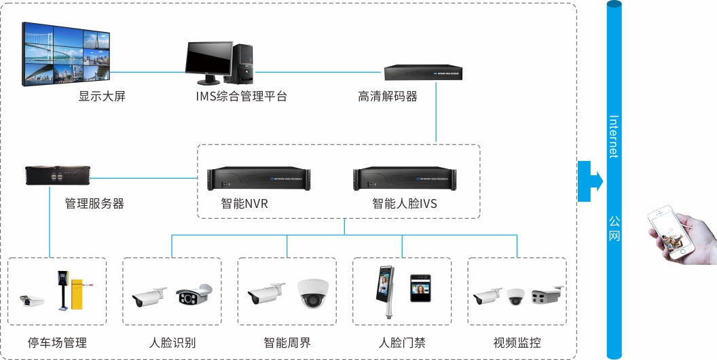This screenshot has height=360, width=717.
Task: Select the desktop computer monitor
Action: [x=208, y=60]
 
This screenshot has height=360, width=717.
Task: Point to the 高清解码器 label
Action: [x=387, y=96]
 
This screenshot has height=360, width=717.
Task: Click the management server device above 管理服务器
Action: [x=57, y=175]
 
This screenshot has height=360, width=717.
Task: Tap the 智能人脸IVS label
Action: [x=405, y=203]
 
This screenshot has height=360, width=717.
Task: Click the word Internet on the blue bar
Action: [x=614, y=137]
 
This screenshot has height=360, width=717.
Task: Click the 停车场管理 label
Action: [x=57, y=342]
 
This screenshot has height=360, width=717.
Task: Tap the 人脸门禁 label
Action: [x=402, y=342]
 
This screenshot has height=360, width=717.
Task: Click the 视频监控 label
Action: [x=517, y=342]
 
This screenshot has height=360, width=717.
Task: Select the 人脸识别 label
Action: [x=172, y=342]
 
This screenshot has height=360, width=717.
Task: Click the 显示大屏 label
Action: [x=102, y=96]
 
